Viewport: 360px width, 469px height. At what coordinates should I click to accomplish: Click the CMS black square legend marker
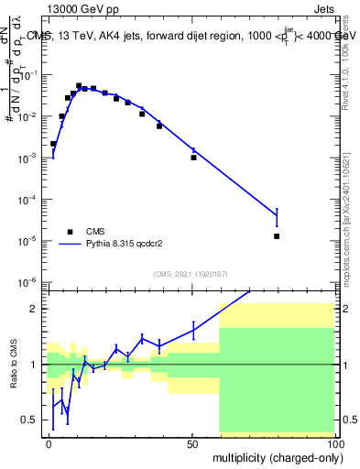click(70, 232)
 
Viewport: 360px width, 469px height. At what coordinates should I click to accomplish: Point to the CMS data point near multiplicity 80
click(277, 236)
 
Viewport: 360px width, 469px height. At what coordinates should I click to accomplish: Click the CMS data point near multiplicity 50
click(193, 158)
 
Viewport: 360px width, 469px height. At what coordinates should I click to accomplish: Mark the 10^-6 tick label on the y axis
click(29, 282)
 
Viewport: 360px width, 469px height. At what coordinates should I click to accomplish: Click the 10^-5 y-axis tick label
click(29, 241)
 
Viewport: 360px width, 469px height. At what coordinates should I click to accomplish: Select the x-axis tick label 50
click(192, 443)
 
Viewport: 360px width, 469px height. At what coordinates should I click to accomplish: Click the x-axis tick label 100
click(333, 443)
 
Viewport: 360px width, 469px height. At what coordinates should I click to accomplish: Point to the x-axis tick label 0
click(49, 443)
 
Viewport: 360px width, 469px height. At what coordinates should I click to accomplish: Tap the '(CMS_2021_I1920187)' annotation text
click(190, 273)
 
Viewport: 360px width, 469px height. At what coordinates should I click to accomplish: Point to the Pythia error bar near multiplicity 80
click(277, 216)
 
